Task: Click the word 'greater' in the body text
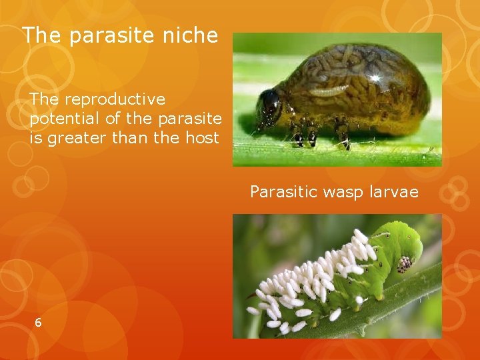pyautogui.click(x=73, y=139)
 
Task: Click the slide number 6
pyautogui.click(x=38, y=323)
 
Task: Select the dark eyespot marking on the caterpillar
pyautogui.click(x=404, y=265)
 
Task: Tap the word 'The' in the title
pyautogui.click(x=39, y=35)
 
